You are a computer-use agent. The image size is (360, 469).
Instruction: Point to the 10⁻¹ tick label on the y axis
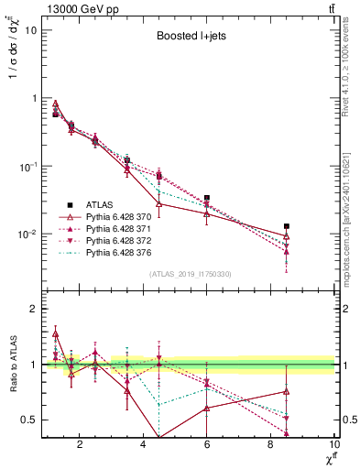29,167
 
